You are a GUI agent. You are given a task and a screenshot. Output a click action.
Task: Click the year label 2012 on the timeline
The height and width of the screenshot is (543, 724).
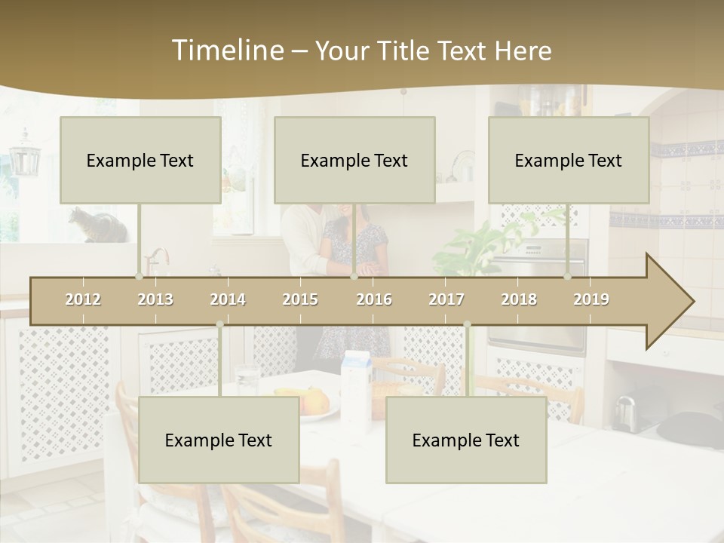pos(83,299)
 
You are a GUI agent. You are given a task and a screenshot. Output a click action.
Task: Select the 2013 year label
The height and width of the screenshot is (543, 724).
pos(155,299)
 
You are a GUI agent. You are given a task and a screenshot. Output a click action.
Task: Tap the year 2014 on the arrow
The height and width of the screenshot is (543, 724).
pos(228,299)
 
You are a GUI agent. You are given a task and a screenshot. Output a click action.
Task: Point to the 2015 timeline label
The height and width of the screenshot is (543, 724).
pos(300,299)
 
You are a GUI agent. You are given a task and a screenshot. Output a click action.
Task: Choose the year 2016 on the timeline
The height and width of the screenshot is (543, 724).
pos(374,299)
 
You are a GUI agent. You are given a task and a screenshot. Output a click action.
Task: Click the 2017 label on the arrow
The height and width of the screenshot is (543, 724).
pos(446,299)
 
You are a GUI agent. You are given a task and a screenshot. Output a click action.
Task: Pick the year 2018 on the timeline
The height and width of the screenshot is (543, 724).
pos(519,299)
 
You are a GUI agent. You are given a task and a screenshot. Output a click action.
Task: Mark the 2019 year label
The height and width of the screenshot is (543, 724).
pos(591,299)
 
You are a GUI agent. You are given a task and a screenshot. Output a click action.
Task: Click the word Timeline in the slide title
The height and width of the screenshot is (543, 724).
pos(226,51)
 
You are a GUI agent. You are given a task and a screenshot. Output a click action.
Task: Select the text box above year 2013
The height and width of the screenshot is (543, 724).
pos(140,160)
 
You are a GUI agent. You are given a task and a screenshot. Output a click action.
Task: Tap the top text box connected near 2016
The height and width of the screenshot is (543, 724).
pos(354,160)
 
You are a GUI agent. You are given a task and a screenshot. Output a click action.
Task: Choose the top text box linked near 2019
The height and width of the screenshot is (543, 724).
pos(569,160)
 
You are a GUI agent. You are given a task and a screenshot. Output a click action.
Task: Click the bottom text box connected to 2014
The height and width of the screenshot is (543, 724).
pos(219,440)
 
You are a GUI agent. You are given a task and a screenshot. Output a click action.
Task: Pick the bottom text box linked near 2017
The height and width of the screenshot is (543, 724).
pos(466,440)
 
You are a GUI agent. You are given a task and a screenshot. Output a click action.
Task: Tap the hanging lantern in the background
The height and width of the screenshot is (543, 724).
pos(25,155)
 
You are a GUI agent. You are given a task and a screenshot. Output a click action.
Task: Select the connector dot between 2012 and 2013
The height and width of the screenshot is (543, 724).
pos(139,276)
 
